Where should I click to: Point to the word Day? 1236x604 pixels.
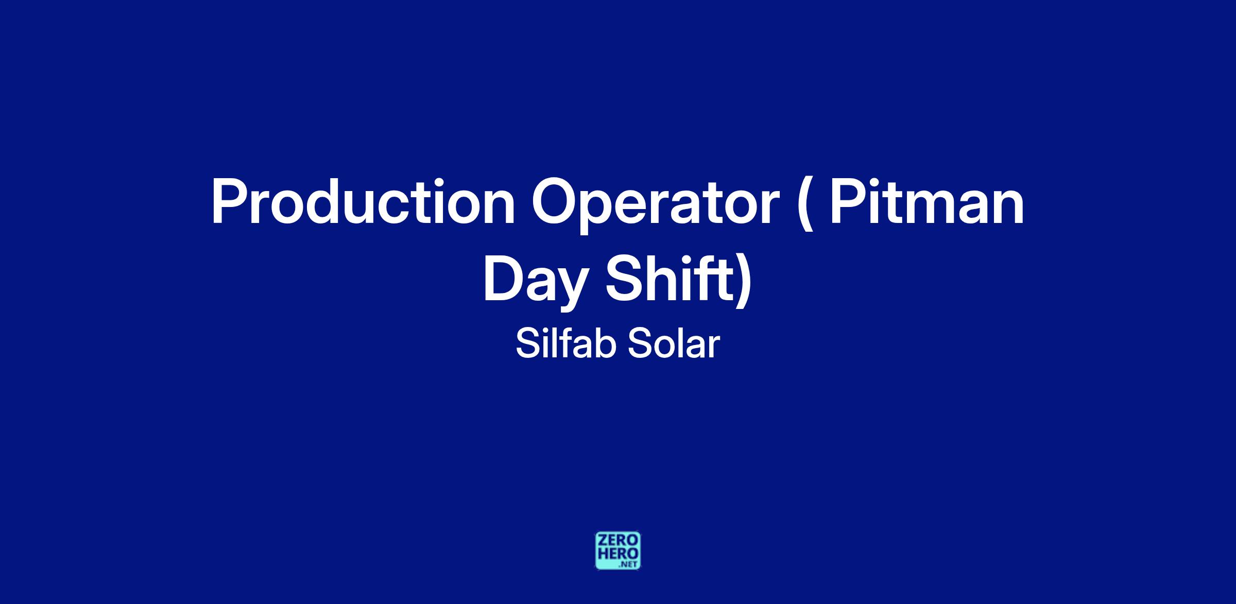tap(536, 283)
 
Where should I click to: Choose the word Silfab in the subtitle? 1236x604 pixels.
tap(566, 344)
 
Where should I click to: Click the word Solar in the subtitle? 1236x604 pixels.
tap(673, 344)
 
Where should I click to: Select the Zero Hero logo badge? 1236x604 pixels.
tap(618, 551)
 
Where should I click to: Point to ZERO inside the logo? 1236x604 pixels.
tap(618, 541)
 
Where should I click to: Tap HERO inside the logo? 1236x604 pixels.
tap(618, 554)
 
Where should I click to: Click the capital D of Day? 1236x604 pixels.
tap(504, 278)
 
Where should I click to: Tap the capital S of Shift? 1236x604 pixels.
tap(626, 278)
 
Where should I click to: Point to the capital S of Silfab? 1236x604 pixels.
tap(528, 344)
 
